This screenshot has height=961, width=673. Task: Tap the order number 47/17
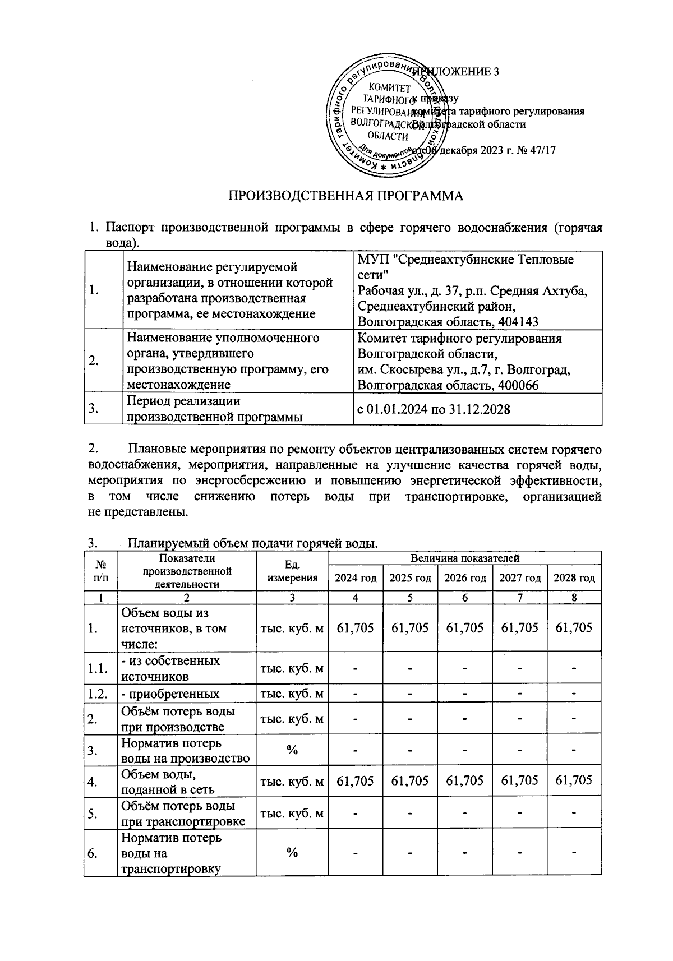click(x=535, y=151)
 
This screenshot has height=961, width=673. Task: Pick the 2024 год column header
click(x=355, y=578)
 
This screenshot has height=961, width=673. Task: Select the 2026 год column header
click(x=464, y=578)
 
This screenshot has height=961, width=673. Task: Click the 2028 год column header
click(x=574, y=578)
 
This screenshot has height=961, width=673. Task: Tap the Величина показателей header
click(x=464, y=558)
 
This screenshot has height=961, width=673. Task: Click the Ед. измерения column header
click(x=292, y=571)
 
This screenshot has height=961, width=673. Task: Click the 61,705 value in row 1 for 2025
click(x=410, y=627)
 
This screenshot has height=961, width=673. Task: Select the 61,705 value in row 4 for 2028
click(x=574, y=780)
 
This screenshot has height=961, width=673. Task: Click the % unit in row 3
click(x=292, y=750)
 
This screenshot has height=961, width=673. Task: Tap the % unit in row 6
click(x=292, y=853)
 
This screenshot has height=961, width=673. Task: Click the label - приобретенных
click(x=170, y=694)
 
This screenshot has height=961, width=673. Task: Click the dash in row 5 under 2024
click(x=355, y=814)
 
